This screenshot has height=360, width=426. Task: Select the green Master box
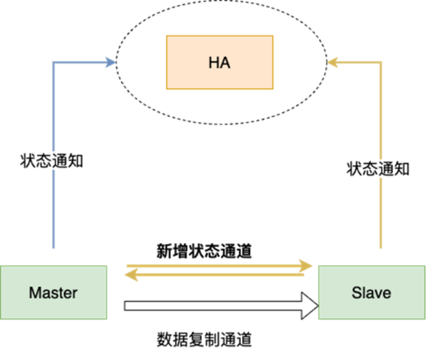[x=53, y=292]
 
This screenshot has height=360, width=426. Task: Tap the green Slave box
[x=371, y=292]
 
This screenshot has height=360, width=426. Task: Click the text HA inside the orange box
[x=219, y=62]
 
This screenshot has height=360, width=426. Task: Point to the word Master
[x=53, y=293]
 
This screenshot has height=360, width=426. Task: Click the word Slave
[x=371, y=293]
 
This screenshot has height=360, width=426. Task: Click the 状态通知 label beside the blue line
[x=51, y=161]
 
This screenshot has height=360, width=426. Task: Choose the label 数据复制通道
[x=204, y=339]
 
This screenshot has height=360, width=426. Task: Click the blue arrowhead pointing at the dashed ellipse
[x=111, y=62]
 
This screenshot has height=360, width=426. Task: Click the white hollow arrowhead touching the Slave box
[x=311, y=307]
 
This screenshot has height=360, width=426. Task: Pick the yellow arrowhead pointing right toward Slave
[x=307, y=265]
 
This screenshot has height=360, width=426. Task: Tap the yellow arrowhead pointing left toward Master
[x=130, y=275]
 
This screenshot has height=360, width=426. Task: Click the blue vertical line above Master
[x=53, y=168]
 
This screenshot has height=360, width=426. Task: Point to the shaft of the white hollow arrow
[x=214, y=307]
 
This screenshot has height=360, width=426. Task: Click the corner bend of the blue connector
[x=53, y=62]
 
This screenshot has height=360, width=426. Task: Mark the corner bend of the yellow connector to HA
[x=381, y=62]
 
